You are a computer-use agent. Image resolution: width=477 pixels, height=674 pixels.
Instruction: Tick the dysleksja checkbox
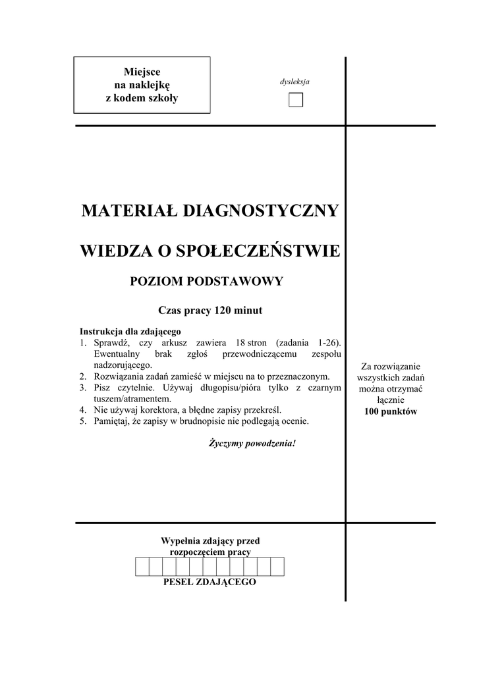pyautogui.click(x=296, y=99)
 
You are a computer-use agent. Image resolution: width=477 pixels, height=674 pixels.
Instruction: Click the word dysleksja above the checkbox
pyautogui.click(x=295, y=82)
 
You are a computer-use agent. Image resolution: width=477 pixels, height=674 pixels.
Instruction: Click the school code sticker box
pyautogui.click(x=142, y=85)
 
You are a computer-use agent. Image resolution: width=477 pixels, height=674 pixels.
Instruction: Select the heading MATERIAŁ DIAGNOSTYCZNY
pyautogui.click(x=210, y=211)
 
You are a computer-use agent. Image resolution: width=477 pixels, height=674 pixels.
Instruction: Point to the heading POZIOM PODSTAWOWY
pyautogui.click(x=206, y=282)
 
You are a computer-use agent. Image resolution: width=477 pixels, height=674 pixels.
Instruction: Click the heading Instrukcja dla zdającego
pyautogui.click(x=130, y=331)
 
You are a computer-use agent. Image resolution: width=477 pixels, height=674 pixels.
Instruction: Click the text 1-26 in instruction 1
pyautogui.click(x=328, y=343)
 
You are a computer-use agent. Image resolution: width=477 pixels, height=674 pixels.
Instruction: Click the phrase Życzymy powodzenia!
pyautogui.click(x=252, y=443)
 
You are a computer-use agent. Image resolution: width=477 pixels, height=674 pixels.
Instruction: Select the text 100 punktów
pyautogui.click(x=391, y=411)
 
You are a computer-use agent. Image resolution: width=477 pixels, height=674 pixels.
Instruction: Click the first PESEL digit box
pyautogui.click(x=142, y=566)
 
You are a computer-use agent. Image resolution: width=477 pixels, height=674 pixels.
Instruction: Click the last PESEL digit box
pyautogui.click(x=277, y=566)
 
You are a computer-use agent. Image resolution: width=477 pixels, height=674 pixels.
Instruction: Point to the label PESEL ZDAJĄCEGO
pyautogui.click(x=209, y=583)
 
